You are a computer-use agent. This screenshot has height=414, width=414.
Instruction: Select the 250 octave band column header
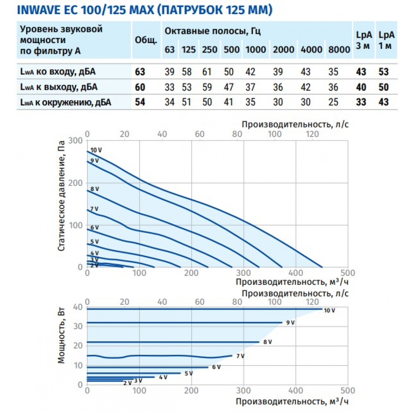(209, 50)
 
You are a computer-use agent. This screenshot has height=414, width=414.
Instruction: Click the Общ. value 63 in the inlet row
(140, 72)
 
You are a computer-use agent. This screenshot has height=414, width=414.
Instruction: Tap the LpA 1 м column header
(385, 41)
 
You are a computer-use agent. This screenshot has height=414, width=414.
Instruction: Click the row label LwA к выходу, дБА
(58, 87)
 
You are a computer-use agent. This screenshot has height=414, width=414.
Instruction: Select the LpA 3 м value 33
(361, 101)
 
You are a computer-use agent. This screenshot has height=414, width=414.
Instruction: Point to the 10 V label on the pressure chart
(95, 150)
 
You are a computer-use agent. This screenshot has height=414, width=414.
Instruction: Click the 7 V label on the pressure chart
(94, 209)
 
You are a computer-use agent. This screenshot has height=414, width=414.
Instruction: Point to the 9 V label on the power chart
(290, 323)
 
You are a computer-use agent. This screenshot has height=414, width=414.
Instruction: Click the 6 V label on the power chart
(216, 367)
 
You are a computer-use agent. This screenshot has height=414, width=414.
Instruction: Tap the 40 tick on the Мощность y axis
(79, 307)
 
